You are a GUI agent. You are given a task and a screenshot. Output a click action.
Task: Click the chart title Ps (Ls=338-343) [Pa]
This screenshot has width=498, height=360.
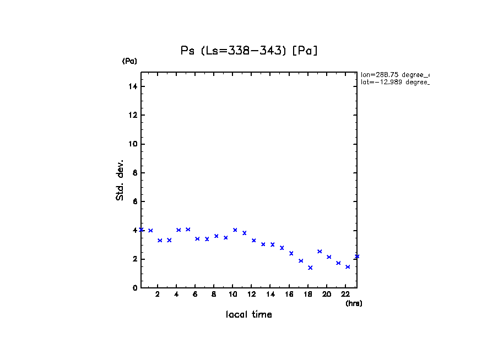coord(249,51)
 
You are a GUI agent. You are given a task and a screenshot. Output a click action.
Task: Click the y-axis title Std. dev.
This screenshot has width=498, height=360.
coord(120,180)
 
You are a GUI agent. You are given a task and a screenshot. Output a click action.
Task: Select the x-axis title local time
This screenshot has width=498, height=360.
coord(248,314)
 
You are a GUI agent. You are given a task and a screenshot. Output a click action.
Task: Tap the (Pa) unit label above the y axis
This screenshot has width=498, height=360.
coord(129,61)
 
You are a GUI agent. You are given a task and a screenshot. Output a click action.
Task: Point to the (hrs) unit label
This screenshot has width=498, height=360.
coord(354,303)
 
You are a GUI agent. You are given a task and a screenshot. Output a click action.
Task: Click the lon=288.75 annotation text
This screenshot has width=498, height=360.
coord(394,74)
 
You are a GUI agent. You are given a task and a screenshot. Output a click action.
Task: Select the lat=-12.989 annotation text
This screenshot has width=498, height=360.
coord(394,82)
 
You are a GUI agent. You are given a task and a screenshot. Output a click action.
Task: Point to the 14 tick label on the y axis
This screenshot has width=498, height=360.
coord(133,86)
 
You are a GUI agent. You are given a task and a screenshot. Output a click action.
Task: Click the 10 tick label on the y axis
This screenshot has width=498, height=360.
coord(133,144)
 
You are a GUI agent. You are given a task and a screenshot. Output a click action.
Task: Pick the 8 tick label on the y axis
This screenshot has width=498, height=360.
coord(134,173)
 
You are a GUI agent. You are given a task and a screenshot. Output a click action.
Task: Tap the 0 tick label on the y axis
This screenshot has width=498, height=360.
coord(134,288)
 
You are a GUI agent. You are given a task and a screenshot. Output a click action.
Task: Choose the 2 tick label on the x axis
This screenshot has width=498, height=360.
coord(158,294)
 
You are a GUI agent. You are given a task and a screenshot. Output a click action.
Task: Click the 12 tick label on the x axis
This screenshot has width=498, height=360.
coord(252,294)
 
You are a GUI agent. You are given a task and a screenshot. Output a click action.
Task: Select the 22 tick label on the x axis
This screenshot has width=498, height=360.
coord(345,294)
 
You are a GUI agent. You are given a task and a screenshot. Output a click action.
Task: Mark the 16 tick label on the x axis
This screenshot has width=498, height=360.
coord(289,294)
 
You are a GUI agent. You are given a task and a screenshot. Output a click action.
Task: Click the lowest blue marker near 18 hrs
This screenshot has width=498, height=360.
coord(310,268)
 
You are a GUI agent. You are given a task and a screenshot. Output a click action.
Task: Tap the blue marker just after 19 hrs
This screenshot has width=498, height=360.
coord(320,252)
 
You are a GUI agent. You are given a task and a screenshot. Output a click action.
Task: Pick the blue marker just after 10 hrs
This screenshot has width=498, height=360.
coord(235,230)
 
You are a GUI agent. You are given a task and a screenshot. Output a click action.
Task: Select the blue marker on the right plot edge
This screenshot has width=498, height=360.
coord(357,257)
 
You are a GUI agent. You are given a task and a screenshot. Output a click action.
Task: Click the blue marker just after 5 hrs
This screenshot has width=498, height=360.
coord(188,230)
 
